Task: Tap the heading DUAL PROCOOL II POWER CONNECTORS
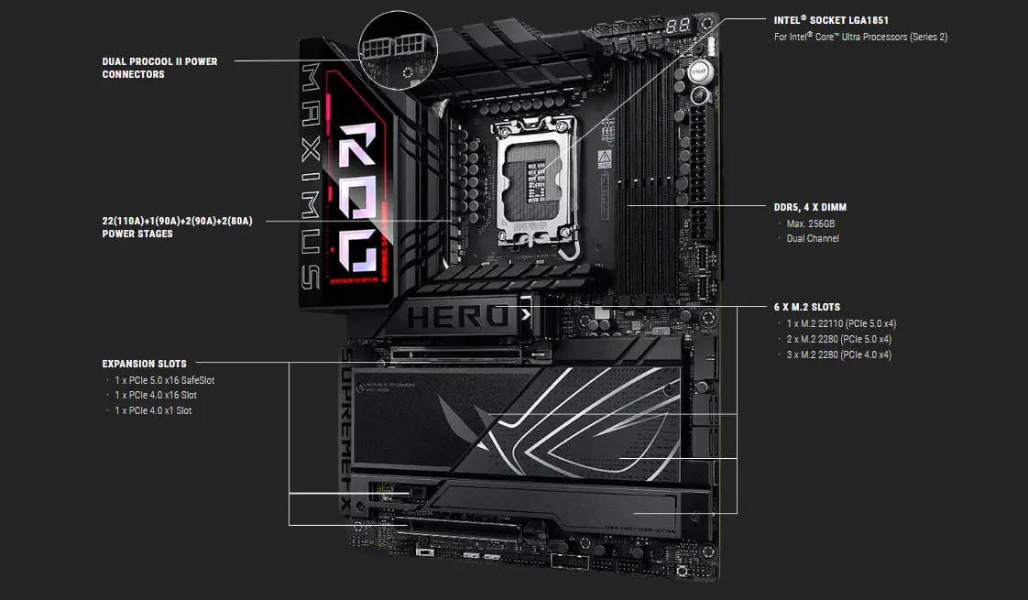click(159, 68)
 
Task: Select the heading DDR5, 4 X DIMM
click(810, 207)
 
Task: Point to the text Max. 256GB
click(811, 224)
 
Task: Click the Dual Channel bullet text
click(813, 238)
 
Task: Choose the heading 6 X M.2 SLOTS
click(806, 307)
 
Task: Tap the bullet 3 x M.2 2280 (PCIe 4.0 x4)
click(838, 355)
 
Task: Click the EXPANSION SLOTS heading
click(144, 364)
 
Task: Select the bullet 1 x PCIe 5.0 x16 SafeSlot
click(165, 380)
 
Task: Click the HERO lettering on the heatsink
click(458, 317)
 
